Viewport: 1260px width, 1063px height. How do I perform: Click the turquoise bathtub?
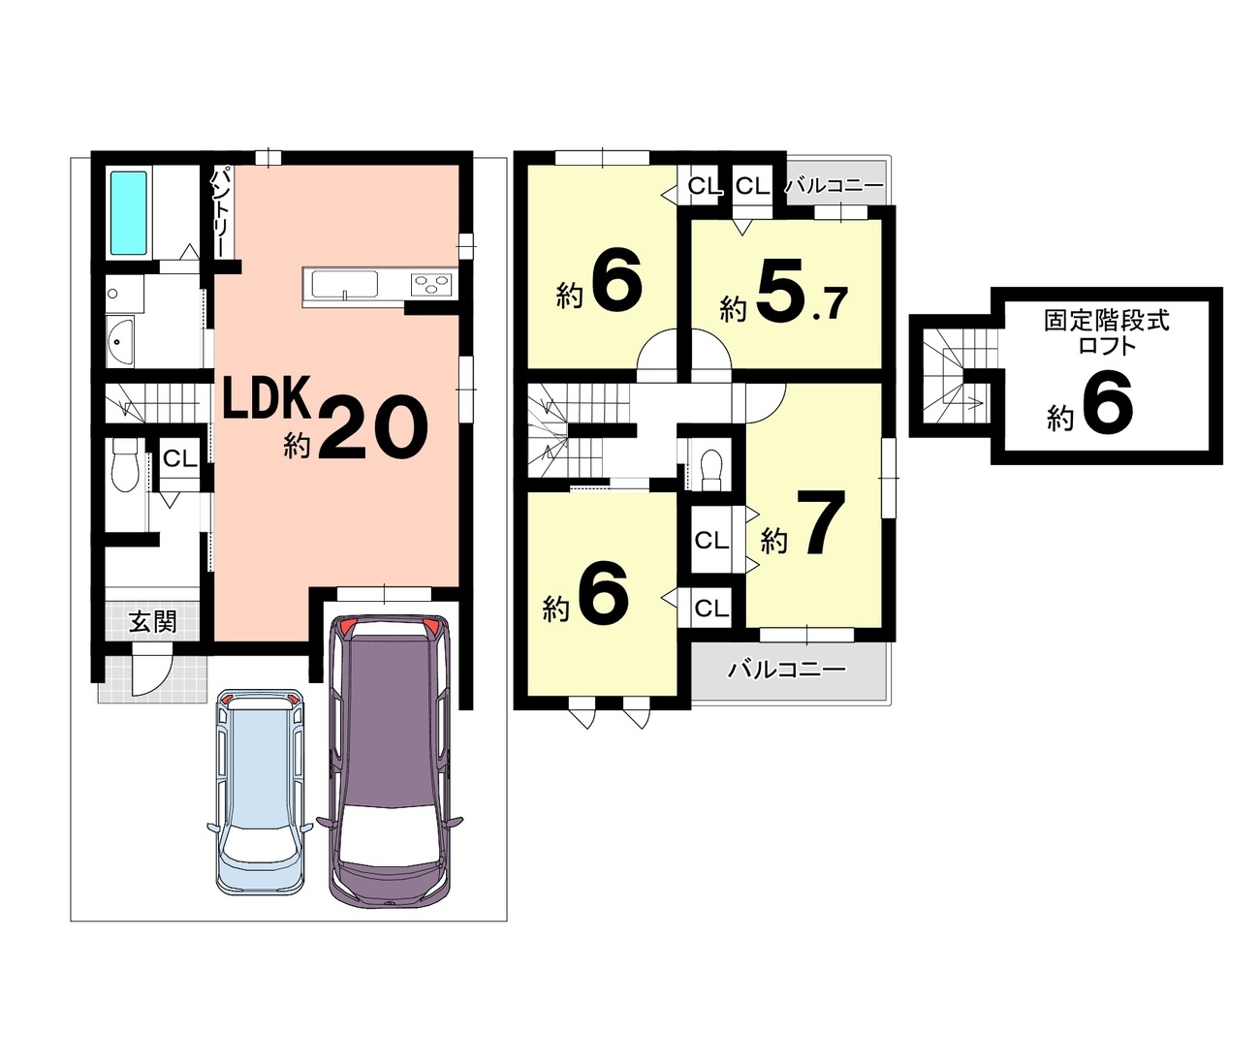[129, 213]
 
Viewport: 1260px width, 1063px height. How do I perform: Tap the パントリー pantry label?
[218, 213]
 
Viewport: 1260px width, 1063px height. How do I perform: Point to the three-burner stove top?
[431, 284]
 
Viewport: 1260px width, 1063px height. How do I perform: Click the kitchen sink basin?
[344, 285]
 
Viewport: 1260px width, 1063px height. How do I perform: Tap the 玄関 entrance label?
[153, 621]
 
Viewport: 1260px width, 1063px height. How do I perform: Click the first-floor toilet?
[126, 464]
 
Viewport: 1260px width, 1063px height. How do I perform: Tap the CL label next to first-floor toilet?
[180, 459]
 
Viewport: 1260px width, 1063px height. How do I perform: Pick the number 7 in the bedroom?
[821, 521]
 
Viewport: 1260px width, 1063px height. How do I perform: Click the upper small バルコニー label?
[834, 185]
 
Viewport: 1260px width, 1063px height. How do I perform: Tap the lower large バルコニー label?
[786, 669]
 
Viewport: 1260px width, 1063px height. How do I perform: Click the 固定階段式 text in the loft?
[1107, 321]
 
